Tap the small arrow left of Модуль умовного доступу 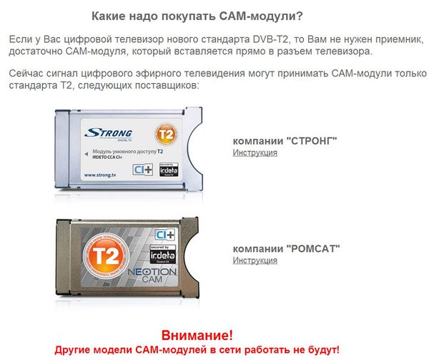click(x=87, y=152)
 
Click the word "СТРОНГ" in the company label click(x=313, y=141)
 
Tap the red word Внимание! click(x=197, y=335)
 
